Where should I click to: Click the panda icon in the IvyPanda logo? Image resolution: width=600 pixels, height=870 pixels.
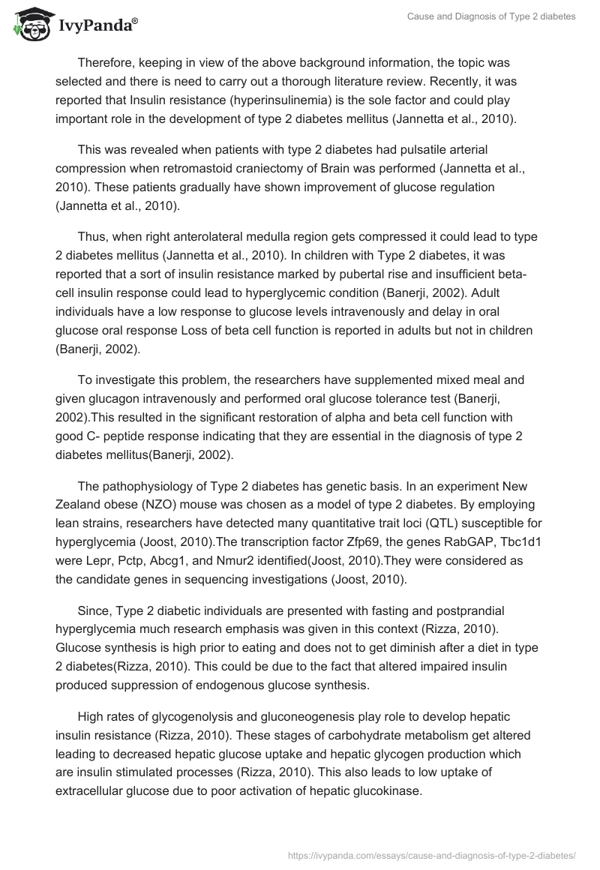click(28, 25)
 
